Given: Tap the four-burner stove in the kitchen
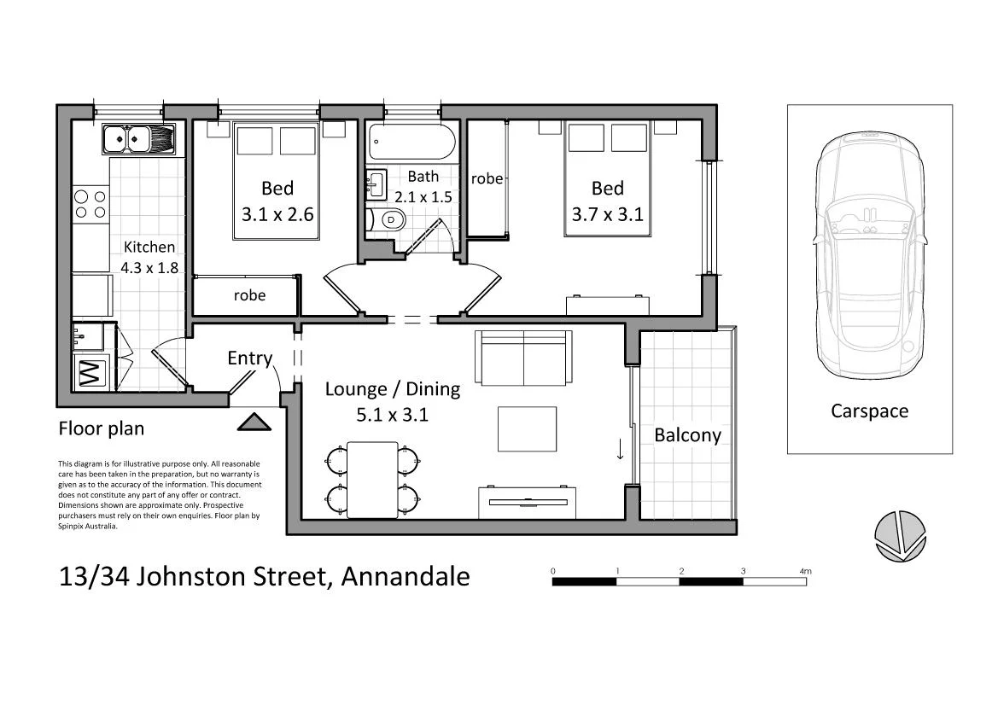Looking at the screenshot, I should [90, 204].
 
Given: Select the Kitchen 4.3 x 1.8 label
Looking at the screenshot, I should [149, 256].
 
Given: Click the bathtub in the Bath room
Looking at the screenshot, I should [411, 141].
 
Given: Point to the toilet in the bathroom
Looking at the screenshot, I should [388, 220].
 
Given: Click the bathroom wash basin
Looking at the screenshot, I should [376, 182].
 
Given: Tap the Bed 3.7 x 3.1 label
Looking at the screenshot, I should [607, 201].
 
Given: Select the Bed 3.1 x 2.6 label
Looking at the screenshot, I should [277, 201].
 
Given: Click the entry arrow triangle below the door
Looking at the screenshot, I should [254, 422].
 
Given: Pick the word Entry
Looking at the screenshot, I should [249, 358].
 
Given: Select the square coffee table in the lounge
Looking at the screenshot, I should [527, 428].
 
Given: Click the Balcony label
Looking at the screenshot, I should [687, 434].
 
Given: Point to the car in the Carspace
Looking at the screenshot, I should [869, 256].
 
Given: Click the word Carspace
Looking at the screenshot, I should [869, 411].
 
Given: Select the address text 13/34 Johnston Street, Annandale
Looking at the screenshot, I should [265, 576].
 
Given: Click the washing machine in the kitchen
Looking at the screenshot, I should [90, 373].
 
